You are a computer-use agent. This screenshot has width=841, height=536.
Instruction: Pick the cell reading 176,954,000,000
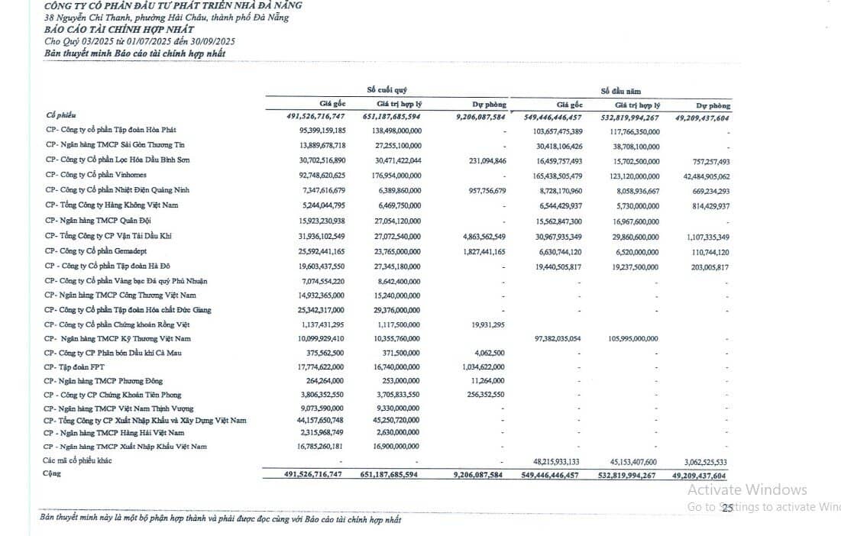click(x=392, y=175)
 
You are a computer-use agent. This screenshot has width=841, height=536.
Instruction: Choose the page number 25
click(x=727, y=508)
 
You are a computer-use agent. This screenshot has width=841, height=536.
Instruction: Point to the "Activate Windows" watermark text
click(x=746, y=490)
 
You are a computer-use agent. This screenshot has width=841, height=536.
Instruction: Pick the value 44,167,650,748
click(x=313, y=420)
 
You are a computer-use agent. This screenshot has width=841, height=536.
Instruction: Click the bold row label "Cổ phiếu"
click(x=61, y=115)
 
